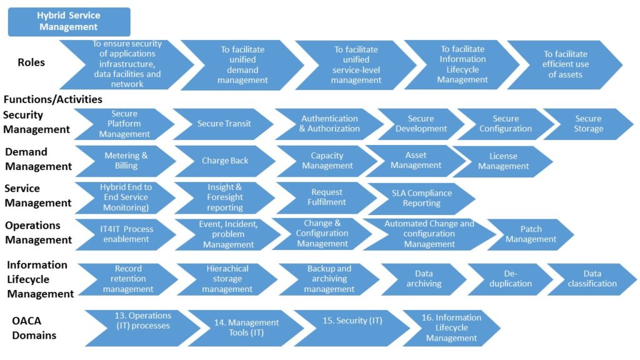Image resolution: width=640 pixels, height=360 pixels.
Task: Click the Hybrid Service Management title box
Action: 69,22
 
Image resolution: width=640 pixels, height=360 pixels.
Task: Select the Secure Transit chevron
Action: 224,124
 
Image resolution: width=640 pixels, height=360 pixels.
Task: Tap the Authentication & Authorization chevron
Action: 329,124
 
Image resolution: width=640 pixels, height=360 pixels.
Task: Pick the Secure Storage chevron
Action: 588,124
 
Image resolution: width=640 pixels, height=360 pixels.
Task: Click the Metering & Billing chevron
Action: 126,161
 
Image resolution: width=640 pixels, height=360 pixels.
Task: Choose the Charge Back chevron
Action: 225,161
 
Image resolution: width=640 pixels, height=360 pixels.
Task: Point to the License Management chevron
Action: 503,161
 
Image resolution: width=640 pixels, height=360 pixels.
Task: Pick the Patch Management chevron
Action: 531,234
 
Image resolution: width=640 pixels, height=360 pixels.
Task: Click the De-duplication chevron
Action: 509,279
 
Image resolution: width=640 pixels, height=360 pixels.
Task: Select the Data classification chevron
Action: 592,279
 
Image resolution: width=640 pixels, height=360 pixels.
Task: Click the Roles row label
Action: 31,62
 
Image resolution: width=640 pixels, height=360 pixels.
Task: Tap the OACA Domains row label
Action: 34,328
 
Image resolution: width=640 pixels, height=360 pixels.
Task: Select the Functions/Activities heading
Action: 53,99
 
